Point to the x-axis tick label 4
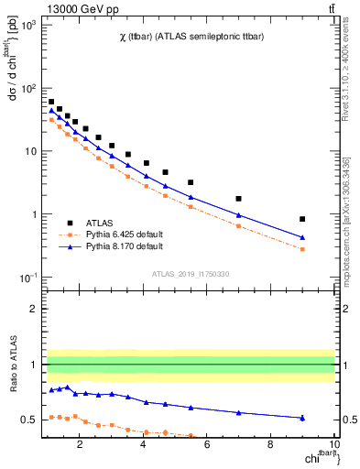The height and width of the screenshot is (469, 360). (144, 446)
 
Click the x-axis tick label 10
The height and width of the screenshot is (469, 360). (333, 446)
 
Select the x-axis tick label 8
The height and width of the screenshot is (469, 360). (270, 446)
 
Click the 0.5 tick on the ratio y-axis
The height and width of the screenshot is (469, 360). (30, 420)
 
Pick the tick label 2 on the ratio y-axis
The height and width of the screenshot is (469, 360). (35, 309)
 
